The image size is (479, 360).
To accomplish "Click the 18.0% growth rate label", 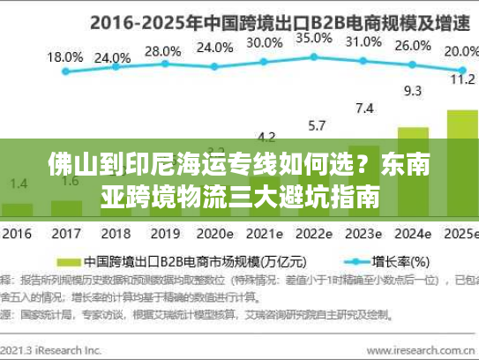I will click(x=65, y=56).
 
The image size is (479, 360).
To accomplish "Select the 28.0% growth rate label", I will click(x=161, y=50).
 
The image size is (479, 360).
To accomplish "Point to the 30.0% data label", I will click(x=265, y=41).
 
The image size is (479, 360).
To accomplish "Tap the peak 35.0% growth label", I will click(x=315, y=38).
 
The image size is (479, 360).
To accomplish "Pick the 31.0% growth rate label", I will click(x=363, y=41).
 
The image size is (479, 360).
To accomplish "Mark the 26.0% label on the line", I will click(x=412, y=47).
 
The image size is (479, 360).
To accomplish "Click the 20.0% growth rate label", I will click(x=460, y=52).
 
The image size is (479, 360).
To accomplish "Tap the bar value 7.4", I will click(x=364, y=108).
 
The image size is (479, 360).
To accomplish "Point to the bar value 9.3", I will click(x=412, y=90).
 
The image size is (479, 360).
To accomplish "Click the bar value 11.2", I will click(x=460, y=79).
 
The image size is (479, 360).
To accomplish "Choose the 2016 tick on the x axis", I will click(x=18, y=236).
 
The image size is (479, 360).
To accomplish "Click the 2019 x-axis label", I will click(x=162, y=236).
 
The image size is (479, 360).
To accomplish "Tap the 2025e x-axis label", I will click(x=459, y=236).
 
